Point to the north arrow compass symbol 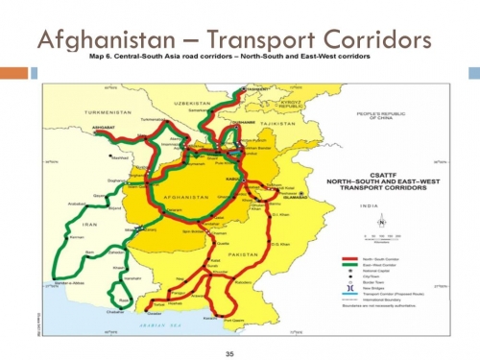coord(382,222)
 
